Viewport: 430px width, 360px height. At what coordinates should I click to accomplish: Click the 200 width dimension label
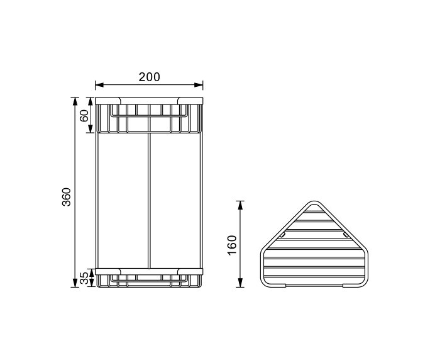pyautogui.click(x=149, y=77)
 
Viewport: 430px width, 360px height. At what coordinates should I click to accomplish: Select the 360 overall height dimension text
pyautogui.click(x=67, y=196)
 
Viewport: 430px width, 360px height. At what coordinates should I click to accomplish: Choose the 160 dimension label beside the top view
pyautogui.click(x=232, y=244)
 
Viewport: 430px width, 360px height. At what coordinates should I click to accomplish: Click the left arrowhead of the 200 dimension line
pyautogui.click(x=98, y=85)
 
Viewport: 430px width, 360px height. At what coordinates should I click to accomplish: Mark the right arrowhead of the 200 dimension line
pyautogui.click(x=201, y=85)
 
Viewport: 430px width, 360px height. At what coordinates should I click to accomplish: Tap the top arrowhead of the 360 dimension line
pyautogui.click(x=75, y=101)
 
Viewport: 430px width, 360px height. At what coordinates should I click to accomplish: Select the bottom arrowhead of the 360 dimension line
pyautogui.click(x=75, y=284)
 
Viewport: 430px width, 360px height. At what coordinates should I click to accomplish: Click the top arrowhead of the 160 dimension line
pyautogui.click(x=240, y=204)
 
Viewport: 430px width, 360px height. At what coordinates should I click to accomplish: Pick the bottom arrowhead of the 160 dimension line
pyautogui.click(x=240, y=284)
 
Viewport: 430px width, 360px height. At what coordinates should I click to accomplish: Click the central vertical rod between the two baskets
pyautogui.click(x=150, y=201)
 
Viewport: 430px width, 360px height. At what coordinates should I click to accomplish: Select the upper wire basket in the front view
pyautogui.click(x=150, y=118)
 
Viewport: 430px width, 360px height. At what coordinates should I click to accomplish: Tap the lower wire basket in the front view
pyautogui.click(x=150, y=279)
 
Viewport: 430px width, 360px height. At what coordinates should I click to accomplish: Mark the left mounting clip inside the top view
pyautogui.click(x=281, y=235)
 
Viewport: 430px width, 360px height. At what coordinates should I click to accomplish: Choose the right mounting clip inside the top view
pyautogui.click(x=345, y=235)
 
